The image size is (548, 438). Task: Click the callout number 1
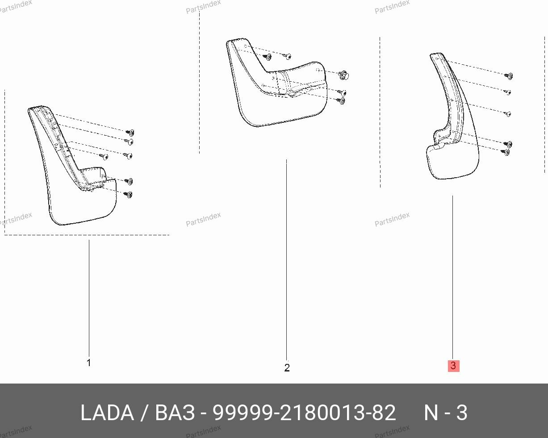tap(88, 363)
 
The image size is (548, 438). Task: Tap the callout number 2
tap(287, 368)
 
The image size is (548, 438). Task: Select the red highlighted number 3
tap(453, 366)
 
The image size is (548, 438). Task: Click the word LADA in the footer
tap(107, 413)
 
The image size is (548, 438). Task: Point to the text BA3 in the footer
tap(175, 413)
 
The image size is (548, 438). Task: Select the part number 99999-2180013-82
tap(304, 413)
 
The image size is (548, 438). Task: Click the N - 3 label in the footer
tap(445, 413)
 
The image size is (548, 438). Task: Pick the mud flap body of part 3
tap(451, 161)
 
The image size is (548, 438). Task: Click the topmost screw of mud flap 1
tap(130, 133)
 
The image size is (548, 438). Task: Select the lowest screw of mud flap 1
tap(129, 195)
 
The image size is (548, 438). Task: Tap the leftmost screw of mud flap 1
tap(105, 157)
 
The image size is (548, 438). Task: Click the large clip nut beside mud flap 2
tap(344, 75)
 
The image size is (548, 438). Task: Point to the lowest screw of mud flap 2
tap(342, 101)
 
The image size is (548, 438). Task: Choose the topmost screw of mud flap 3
tap(509, 75)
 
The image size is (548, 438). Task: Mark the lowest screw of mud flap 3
tap(507, 152)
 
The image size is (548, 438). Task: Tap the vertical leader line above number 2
tap(286, 259)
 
